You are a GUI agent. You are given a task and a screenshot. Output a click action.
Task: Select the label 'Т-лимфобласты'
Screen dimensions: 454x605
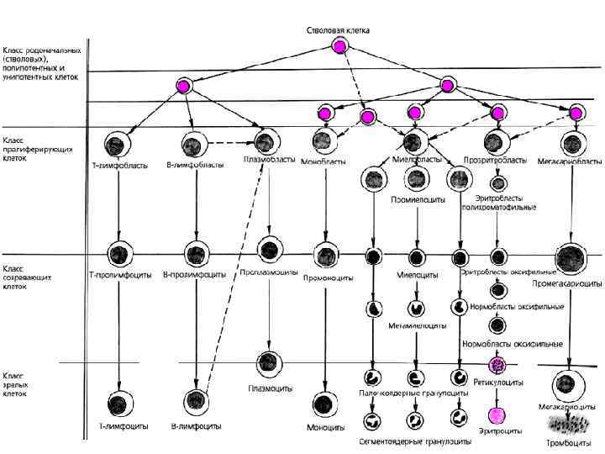point(119,166)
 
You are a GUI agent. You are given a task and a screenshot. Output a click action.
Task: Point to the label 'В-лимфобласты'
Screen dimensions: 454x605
point(195,165)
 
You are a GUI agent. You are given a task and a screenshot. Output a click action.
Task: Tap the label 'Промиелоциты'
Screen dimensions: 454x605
point(414,199)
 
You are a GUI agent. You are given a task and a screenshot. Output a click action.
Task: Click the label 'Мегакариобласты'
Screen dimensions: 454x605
point(572,160)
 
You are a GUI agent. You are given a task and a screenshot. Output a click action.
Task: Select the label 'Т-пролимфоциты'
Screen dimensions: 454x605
point(120,274)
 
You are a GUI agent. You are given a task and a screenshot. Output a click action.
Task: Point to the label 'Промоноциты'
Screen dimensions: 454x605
point(323,275)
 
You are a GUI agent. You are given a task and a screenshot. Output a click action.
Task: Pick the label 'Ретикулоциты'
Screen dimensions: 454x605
point(499,382)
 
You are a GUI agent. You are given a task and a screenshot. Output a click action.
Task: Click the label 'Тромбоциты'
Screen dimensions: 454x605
point(570,442)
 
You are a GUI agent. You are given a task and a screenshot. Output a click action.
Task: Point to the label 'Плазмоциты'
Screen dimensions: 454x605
point(270,388)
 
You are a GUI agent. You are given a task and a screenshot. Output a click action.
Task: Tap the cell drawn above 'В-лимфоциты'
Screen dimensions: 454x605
point(197,401)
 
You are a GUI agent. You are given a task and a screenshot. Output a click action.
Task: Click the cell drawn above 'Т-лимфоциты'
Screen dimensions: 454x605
point(120,401)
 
